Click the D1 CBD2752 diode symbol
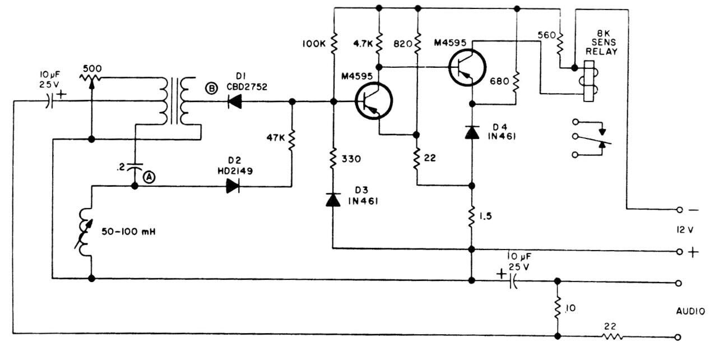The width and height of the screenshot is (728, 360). (x=235, y=102)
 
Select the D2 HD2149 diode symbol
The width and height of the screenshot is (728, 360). (x=233, y=187)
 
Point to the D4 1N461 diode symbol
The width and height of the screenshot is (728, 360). (x=472, y=132)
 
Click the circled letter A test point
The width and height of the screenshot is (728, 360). (x=150, y=176)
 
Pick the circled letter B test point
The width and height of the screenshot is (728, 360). (x=212, y=89)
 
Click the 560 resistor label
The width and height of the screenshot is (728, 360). (x=546, y=35)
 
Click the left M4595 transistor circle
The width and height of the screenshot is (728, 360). (x=374, y=102)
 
